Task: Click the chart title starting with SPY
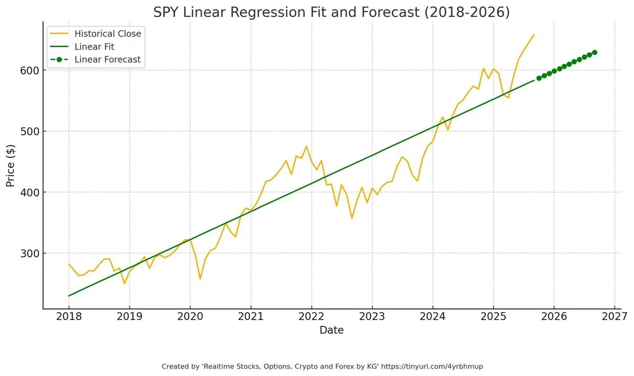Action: (331, 12)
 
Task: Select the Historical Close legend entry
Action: (108, 34)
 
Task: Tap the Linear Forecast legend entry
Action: (107, 59)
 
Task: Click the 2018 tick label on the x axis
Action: (69, 316)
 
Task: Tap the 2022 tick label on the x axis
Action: (311, 316)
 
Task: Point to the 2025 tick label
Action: (493, 316)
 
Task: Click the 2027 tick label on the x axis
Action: (614, 316)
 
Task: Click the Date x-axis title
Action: (331, 331)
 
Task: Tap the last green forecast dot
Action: (594, 52)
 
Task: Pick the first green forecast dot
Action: (539, 78)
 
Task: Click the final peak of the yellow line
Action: (534, 35)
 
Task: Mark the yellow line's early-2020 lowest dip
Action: (200, 279)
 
